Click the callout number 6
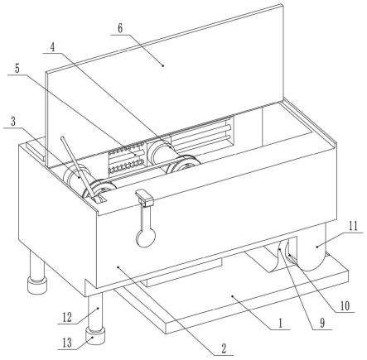[120, 29]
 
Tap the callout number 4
[53, 48]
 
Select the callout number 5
[17, 69]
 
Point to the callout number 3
[13, 122]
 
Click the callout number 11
[353, 226]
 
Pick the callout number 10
[345, 305]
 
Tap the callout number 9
[322, 324]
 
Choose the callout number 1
[281, 323]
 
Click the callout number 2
[224, 348]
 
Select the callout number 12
[67, 318]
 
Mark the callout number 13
[67, 343]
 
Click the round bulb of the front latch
[146, 238]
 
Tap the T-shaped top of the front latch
[144, 199]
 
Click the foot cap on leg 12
[95, 335]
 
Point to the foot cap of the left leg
[37, 286]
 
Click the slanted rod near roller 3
[80, 168]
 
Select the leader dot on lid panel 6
[163, 65]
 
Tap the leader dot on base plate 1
[233, 296]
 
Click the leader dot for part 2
[118, 267]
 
